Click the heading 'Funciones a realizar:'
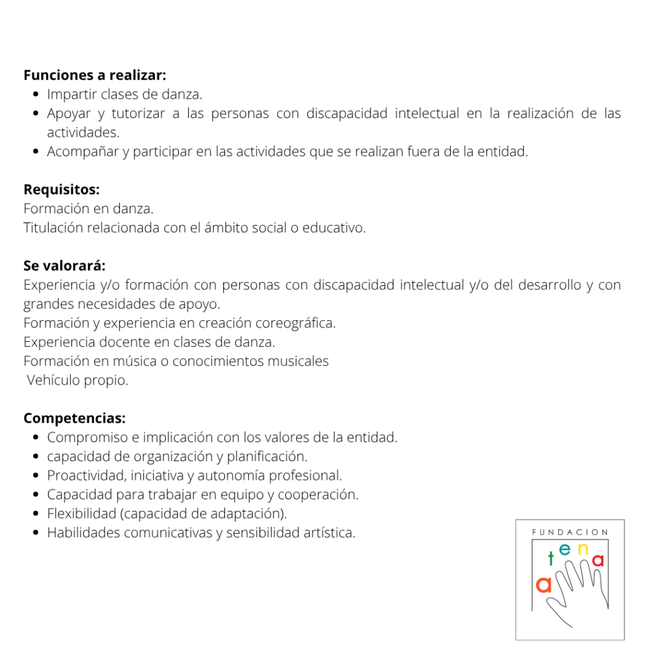tap(95, 75)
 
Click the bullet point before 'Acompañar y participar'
tap(37, 152)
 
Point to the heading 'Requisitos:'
tap(62, 190)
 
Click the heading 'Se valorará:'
tap(64, 266)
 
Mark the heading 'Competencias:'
tap(75, 418)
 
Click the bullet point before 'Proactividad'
tap(37, 475)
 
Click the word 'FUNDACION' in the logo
tap(570, 532)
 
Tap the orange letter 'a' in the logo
tap(544, 585)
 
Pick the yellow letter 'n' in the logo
tap(582, 549)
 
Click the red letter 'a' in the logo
tap(598, 560)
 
